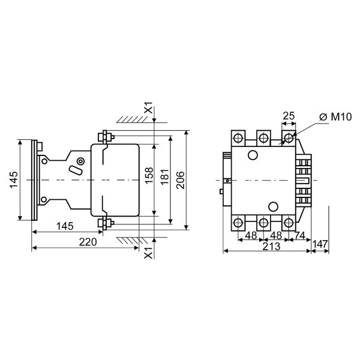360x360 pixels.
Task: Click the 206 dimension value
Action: pyautogui.click(x=181, y=180)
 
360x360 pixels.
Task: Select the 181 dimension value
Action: pyautogui.click(x=164, y=177)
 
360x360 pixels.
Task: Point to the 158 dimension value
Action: pyautogui.click(x=149, y=175)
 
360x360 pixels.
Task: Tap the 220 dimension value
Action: pyautogui.click(x=88, y=242)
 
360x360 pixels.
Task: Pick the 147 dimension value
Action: pyautogui.click(x=320, y=244)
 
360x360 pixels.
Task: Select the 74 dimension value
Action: pyautogui.click(x=300, y=236)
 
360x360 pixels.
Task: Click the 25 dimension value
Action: pyautogui.click(x=289, y=116)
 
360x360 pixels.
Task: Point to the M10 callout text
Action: pyautogui.click(x=341, y=117)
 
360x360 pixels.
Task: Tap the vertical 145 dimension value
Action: pyautogui.click(x=14, y=179)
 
